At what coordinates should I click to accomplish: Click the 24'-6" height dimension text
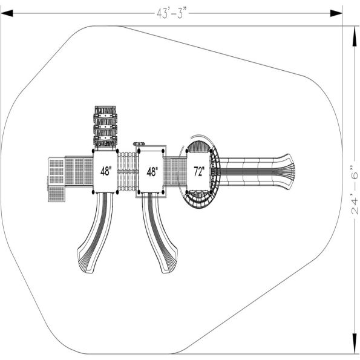355,189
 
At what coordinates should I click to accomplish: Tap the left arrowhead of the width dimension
7,13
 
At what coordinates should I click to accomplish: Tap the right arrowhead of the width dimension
336,13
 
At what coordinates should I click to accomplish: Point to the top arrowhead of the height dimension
355,40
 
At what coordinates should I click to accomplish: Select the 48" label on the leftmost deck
106,171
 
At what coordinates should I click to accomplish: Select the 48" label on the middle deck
152,171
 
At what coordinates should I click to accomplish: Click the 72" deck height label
199,171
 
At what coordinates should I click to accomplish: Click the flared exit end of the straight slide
285,171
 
